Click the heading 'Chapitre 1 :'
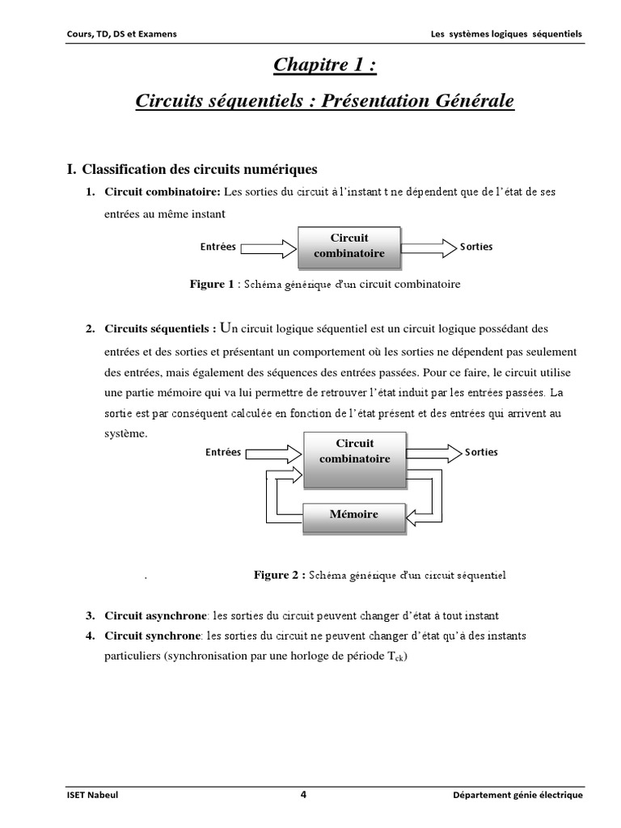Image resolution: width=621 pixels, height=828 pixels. [x=325, y=65]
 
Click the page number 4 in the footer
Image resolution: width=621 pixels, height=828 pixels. [x=303, y=795]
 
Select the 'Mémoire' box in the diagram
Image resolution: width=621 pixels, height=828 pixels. [x=353, y=514]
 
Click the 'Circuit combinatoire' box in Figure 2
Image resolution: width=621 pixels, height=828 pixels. [x=354, y=451]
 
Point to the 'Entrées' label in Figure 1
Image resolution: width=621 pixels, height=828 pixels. [x=218, y=247]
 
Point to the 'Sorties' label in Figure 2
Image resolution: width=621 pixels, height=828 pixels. [x=481, y=452]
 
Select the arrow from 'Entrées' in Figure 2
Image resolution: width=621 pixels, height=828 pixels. [x=273, y=453]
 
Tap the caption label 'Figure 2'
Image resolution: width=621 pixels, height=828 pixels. [x=276, y=576]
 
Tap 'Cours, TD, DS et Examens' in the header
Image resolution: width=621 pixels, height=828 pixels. [x=122, y=33]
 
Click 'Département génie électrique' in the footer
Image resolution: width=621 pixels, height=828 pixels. [x=517, y=796]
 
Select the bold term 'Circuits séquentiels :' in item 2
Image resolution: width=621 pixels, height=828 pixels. [x=161, y=329]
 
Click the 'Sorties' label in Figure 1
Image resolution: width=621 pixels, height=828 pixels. [x=476, y=247]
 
